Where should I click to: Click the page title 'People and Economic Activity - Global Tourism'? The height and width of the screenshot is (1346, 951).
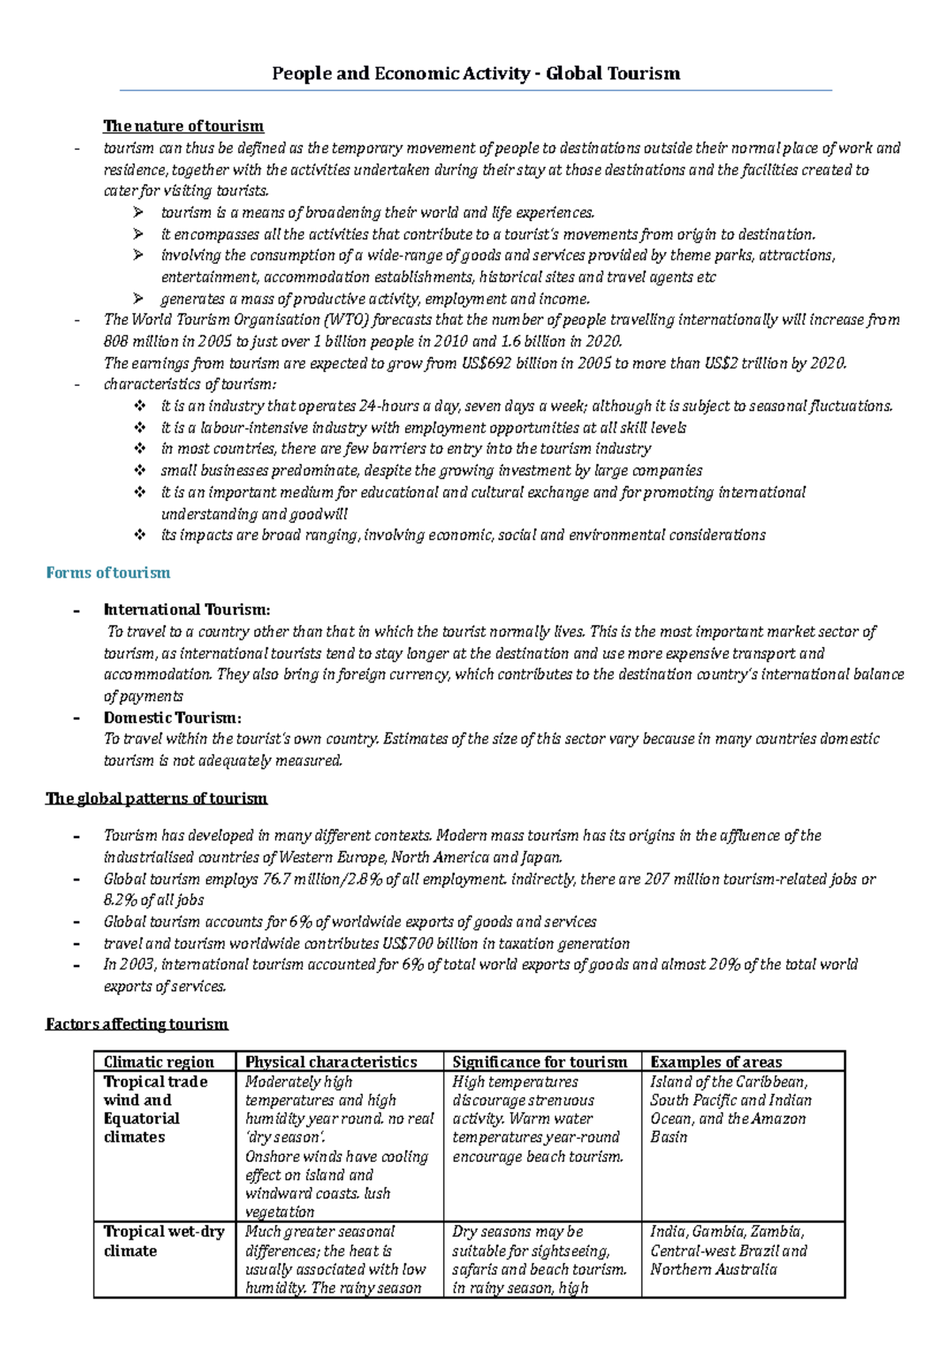475,74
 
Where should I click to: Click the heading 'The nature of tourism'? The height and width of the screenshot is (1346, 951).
183,126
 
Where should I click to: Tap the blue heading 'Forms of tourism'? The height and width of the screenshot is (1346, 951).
108,572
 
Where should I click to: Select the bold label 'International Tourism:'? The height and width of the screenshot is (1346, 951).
187,610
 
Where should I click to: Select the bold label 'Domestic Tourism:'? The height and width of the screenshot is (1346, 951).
172,717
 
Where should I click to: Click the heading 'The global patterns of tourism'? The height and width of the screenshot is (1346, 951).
156,798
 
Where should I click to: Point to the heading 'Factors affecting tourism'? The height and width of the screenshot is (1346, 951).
137,1024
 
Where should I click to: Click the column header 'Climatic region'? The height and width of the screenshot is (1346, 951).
158,1062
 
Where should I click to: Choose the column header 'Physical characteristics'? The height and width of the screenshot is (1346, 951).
330,1062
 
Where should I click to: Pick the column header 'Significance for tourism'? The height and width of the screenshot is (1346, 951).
540,1062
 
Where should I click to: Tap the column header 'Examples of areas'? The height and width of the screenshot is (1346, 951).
716,1062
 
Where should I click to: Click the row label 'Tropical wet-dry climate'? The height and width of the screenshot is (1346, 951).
163,1241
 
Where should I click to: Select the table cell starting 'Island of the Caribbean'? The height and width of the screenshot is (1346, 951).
728,1109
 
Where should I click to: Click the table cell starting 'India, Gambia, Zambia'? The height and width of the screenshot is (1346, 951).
728,1250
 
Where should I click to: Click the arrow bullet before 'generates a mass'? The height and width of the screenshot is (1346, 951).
139,299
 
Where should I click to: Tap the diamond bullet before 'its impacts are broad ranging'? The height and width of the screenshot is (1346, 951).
139,535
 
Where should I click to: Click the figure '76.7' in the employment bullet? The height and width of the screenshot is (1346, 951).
279,879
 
